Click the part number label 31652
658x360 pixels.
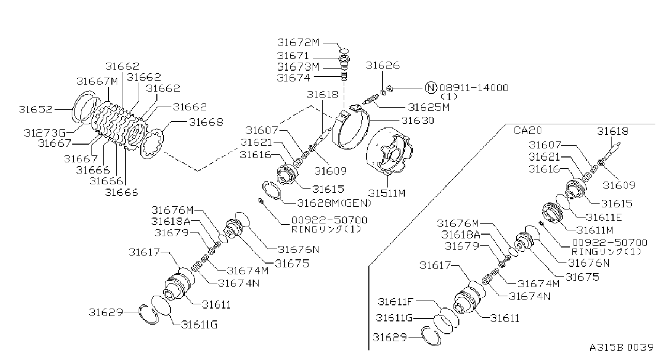(36, 110)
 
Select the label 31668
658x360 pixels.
(206, 122)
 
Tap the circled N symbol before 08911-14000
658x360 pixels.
(431, 87)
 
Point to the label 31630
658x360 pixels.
(418, 121)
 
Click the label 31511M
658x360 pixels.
(387, 193)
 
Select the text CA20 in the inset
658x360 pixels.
(527, 130)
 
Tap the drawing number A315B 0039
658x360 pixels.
(622, 348)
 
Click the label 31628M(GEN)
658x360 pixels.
(335, 203)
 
